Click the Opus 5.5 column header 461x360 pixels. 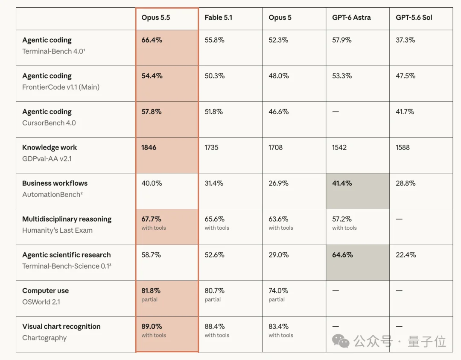pos(155,18)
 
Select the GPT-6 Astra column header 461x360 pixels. pos(351,18)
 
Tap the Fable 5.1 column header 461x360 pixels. pos(219,18)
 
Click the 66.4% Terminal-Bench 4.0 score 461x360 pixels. pos(152,40)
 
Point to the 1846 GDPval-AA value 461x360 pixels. pos(149,147)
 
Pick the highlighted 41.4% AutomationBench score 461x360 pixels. pos(342,183)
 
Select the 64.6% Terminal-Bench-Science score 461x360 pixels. pos(342,255)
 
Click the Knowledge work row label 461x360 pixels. pos(50,147)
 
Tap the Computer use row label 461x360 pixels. pos(46,290)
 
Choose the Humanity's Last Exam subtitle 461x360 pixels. pos(57,230)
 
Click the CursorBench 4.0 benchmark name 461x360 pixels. pos(49,123)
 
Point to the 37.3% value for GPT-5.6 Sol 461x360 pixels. pos(405,40)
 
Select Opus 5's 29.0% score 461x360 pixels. pos(278,255)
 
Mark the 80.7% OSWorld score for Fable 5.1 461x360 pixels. pos(214,290)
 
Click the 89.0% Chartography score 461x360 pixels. pos(152,326)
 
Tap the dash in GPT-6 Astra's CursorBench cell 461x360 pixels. pos(336,112)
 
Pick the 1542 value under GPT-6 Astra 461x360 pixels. pos(339,147)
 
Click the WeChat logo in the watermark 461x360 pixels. pos(341,341)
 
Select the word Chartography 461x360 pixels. pos(44,338)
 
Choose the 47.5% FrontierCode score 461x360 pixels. pos(406,76)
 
